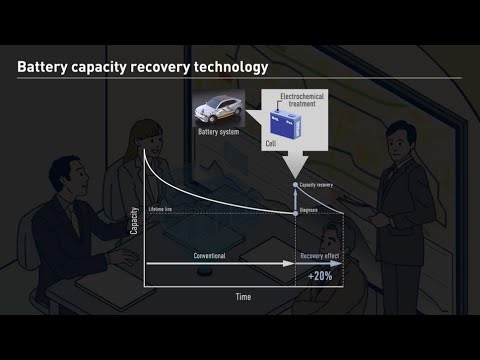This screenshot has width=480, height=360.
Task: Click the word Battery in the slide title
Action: click(42, 68)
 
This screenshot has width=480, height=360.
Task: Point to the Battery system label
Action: click(218, 131)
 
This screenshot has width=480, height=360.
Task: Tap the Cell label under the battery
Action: click(271, 143)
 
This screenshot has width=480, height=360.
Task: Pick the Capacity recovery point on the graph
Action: click(295, 186)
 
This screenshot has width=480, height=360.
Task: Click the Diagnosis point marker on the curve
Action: click(295, 210)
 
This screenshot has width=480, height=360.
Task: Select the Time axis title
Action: click(243, 297)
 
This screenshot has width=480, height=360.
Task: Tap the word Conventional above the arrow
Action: click(209, 256)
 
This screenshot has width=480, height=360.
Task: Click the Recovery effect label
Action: click(320, 256)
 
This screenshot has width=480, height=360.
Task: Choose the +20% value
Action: click(321, 275)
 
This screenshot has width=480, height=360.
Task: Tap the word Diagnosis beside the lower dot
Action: click(312, 211)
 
